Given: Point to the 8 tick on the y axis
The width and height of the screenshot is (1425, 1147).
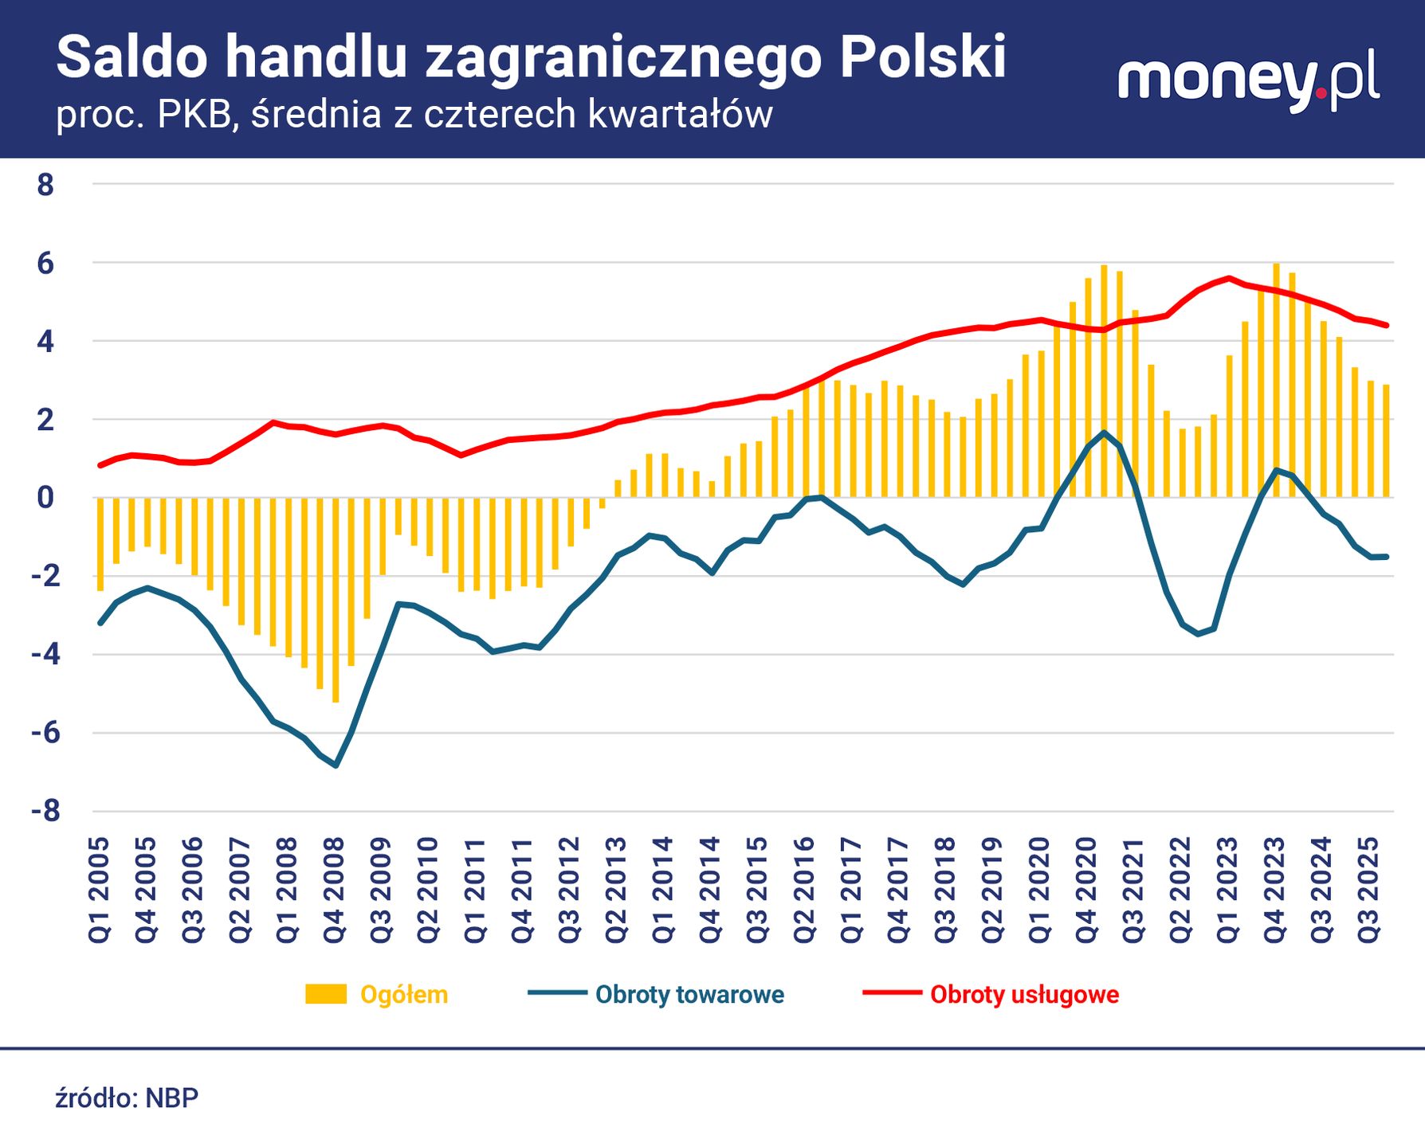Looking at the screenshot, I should tap(45, 185).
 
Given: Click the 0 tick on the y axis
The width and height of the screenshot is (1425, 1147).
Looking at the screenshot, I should tap(45, 498).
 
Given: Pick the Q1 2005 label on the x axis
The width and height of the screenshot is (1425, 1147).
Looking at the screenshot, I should tap(99, 891).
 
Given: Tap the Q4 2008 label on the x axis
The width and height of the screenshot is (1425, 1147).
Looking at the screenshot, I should tap(334, 891).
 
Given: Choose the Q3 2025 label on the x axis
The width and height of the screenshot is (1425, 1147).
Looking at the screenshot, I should tap(1369, 891).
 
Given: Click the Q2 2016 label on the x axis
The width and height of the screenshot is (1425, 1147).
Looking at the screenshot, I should tap(805, 891).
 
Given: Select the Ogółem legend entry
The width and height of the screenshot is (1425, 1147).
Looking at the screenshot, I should tap(403, 995).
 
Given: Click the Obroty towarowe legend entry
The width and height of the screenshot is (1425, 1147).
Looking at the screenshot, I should tap(689, 995).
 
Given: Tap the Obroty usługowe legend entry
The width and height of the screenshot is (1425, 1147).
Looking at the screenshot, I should tap(1024, 995).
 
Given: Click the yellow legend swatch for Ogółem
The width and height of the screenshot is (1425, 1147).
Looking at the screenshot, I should tap(326, 994).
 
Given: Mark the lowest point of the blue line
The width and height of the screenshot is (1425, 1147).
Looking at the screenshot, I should tap(336, 765).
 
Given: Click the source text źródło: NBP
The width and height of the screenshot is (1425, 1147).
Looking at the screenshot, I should tap(127, 1098).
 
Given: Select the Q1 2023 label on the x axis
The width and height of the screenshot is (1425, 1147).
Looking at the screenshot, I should tap(1228, 891).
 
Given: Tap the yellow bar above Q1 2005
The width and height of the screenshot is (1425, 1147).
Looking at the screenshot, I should tap(100, 545).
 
